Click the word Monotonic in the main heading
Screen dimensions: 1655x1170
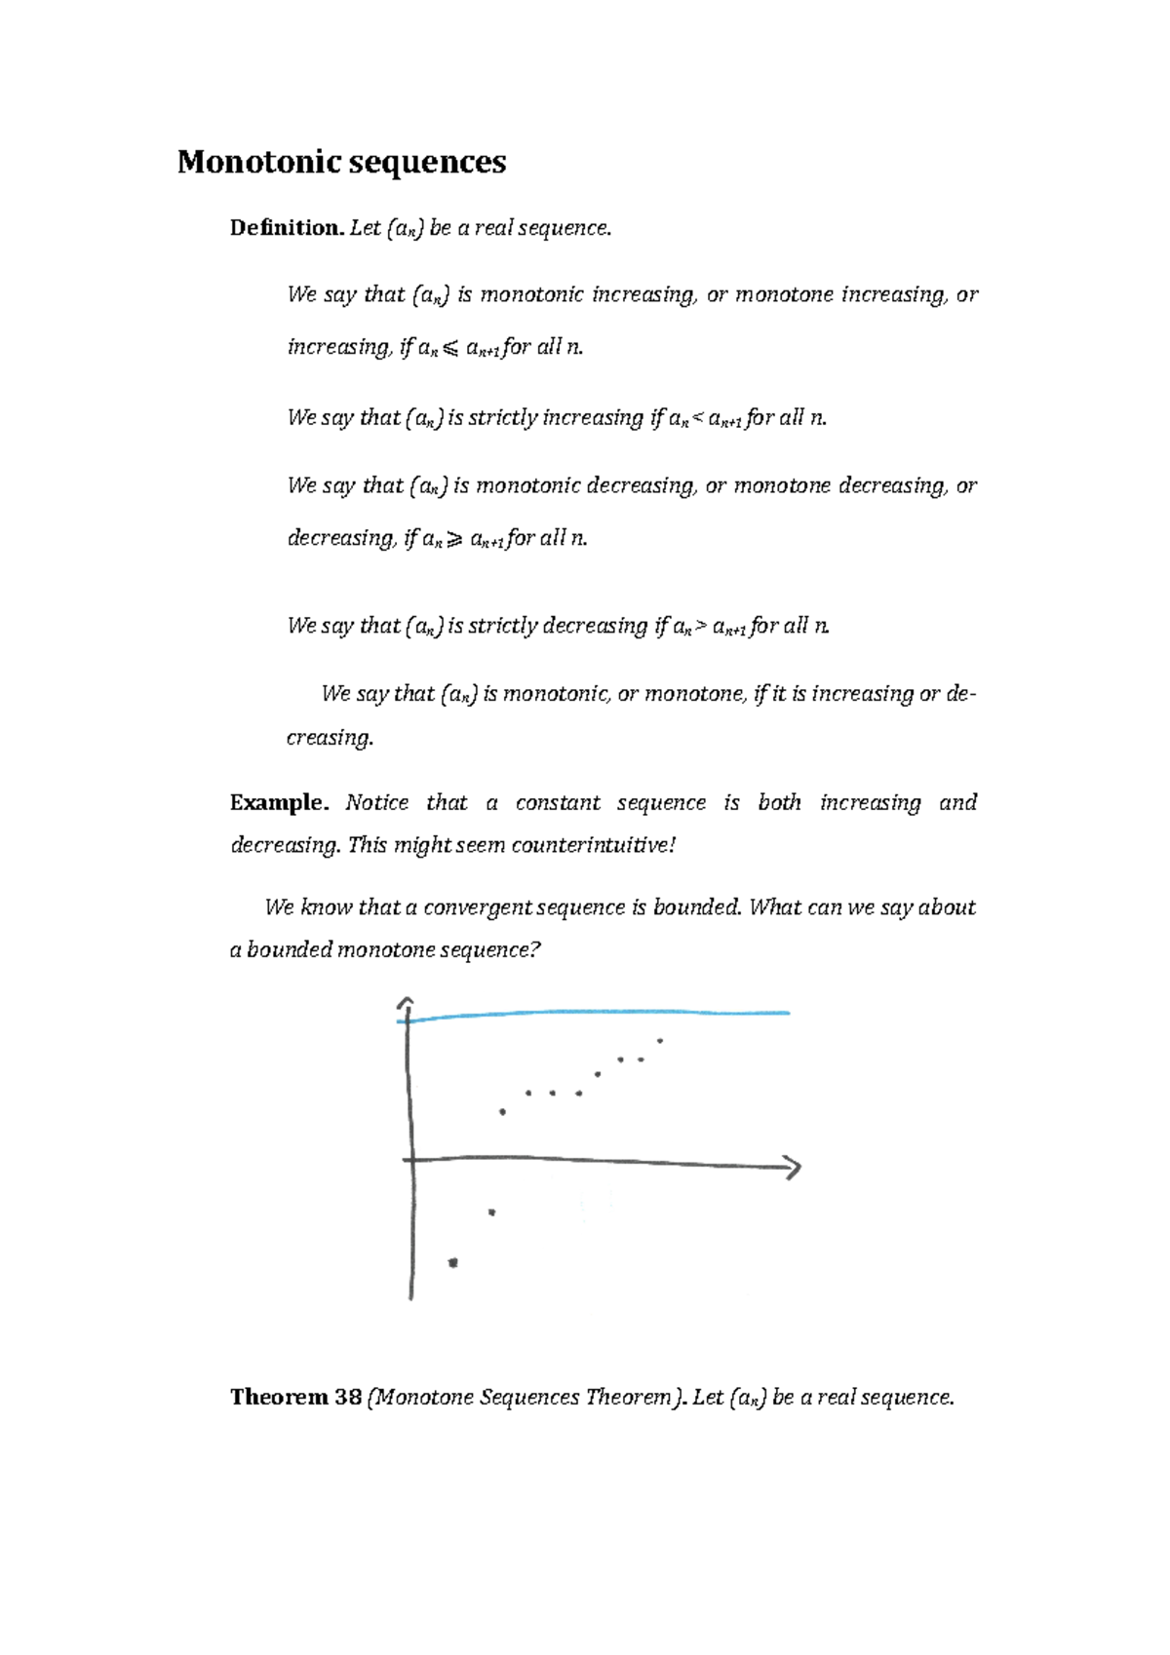click(x=258, y=162)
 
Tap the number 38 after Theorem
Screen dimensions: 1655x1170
click(x=348, y=1398)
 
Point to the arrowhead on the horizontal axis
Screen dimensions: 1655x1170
click(x=793, y=1168)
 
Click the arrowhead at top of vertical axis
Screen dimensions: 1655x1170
click(x=407, y=1004)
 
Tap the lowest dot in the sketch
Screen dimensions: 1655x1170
click(x=452, y=1263)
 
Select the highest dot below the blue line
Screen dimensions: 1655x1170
click(x=660, y=1041)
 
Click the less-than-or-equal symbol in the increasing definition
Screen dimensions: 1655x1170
click(x=449, y=349)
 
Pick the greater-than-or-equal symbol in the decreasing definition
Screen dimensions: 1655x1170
click(x=454, y=540)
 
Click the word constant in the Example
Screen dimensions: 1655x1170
click(x=557, y=803)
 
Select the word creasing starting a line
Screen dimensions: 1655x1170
click(x=330, y=738)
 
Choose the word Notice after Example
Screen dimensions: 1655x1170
click(x=377, y=803)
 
